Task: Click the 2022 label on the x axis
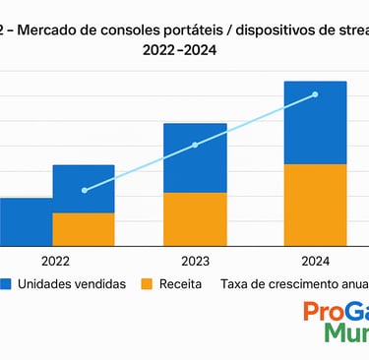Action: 56,262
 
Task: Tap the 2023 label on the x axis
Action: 195,262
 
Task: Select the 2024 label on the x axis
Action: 315,262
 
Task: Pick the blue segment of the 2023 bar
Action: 195,157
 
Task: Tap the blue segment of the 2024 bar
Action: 315,123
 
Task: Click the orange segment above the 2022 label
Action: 83,228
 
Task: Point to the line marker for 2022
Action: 85,190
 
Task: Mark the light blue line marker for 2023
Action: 195,145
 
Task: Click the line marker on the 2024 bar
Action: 315,94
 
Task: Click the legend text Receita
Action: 182,284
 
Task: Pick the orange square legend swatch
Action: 148,284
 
